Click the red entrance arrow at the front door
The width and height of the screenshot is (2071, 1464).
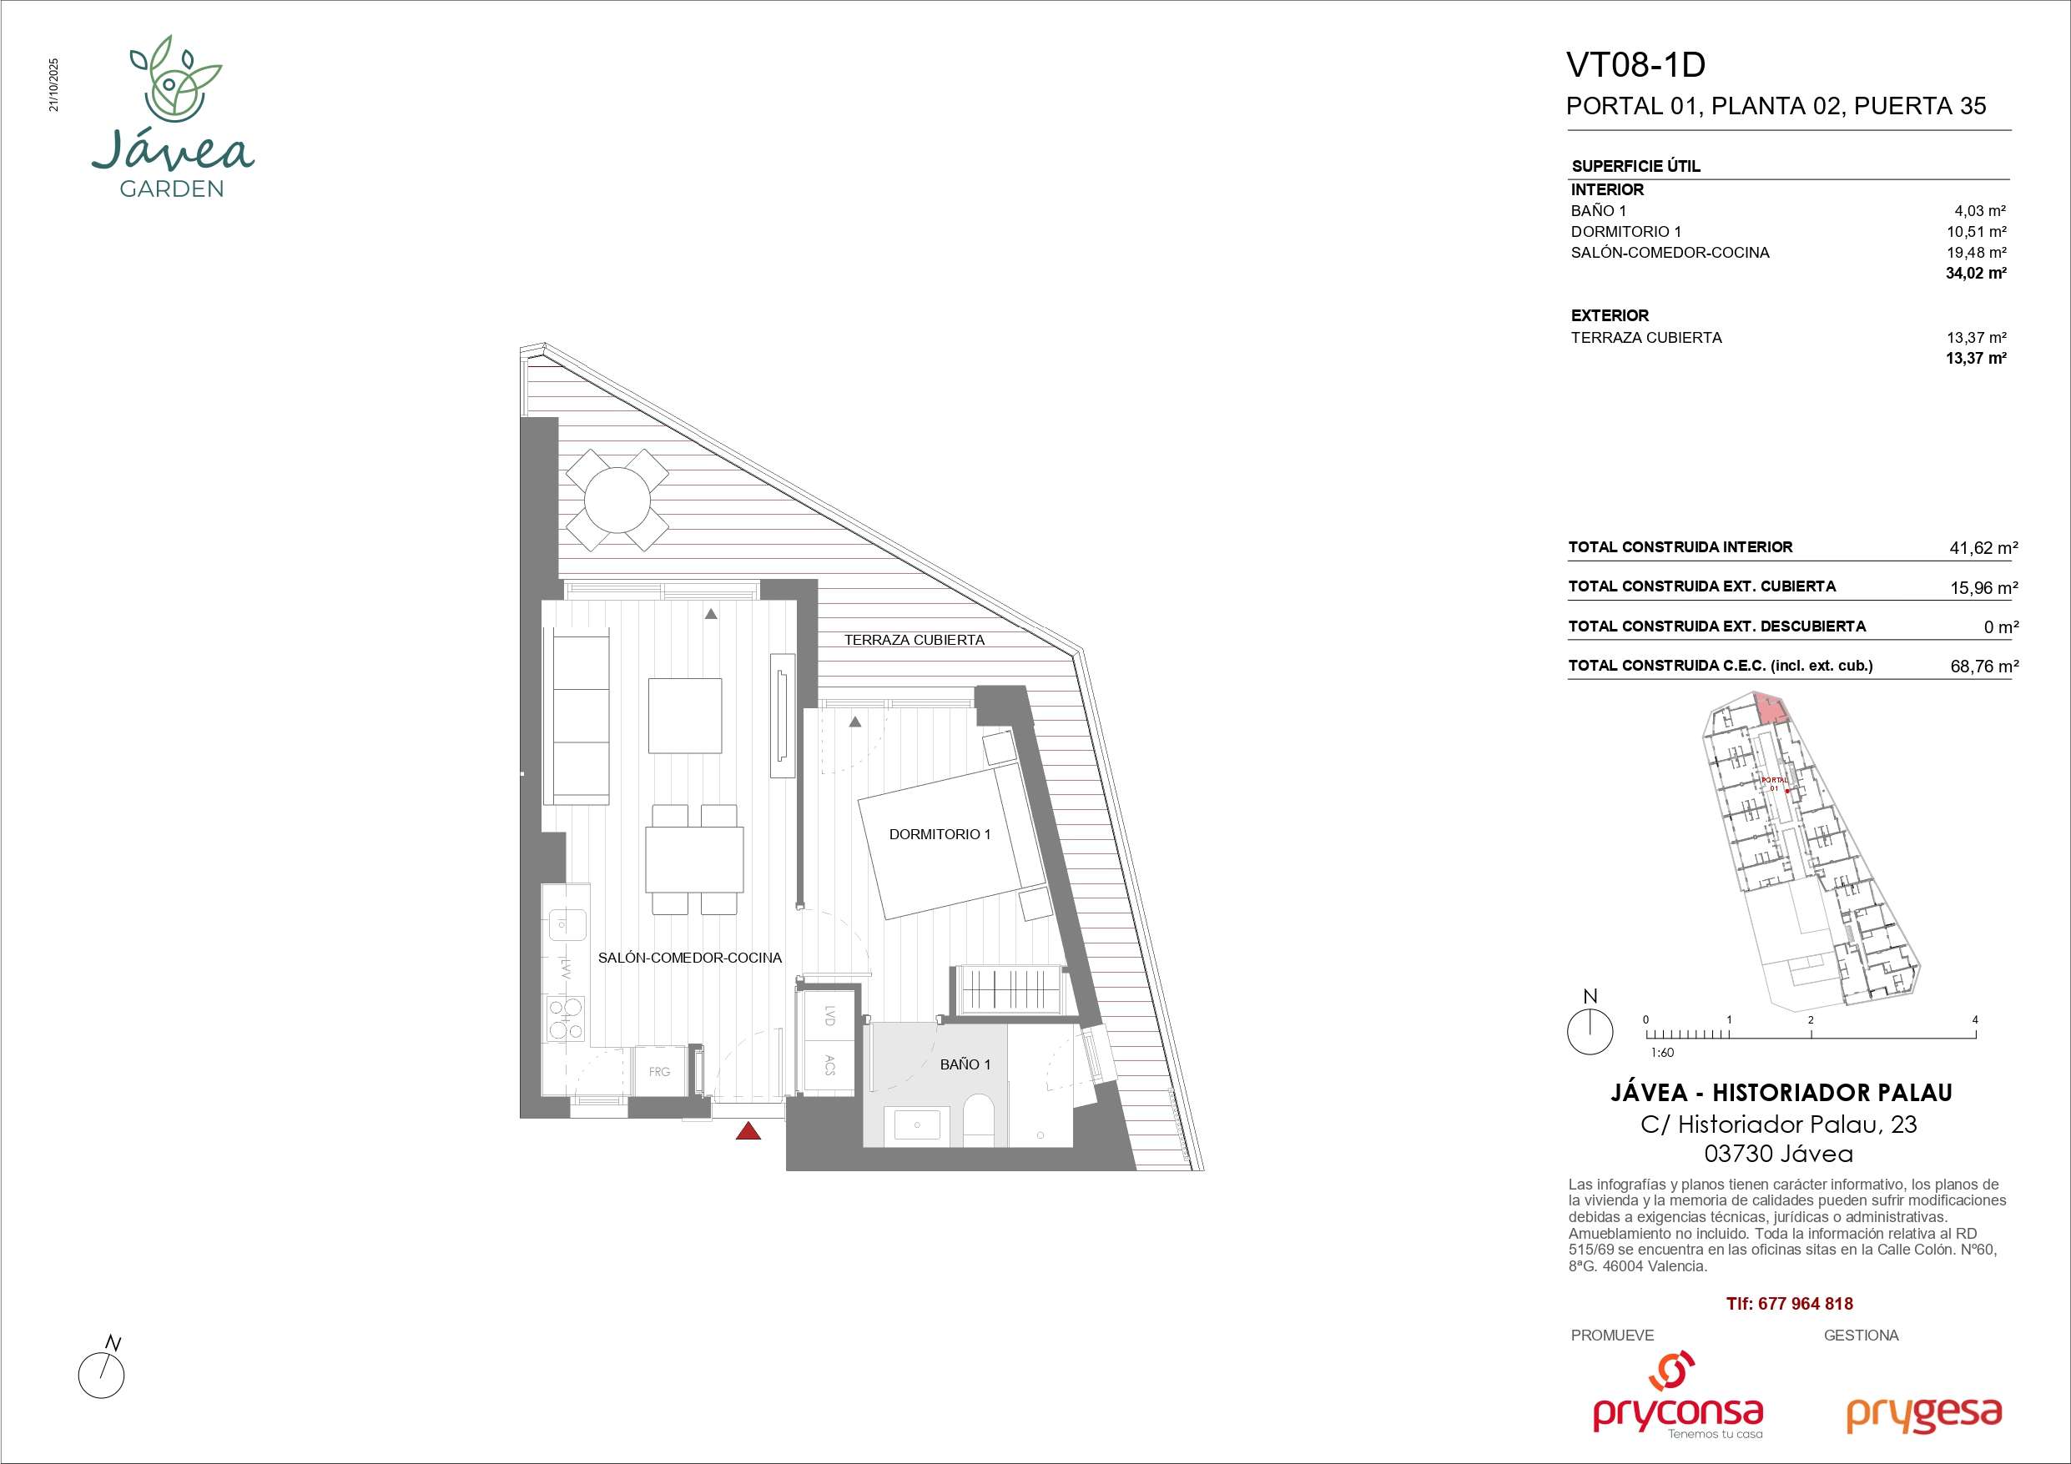(x=748, y=1130)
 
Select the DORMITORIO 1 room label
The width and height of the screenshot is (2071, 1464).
(x=940, y=834)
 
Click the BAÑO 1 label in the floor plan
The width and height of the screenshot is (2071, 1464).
(x=965, y=1064)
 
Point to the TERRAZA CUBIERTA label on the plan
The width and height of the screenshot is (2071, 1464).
(x=914, y=641)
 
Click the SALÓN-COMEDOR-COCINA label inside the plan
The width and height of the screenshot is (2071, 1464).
(x=690, y=958)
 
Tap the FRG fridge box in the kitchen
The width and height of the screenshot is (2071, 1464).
(x=659, y=1072)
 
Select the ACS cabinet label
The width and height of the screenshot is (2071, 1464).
(x=829, y=1065)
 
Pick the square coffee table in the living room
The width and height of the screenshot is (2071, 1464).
(x=684, y=715)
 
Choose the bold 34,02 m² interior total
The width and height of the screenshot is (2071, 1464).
(x=1975, y=274)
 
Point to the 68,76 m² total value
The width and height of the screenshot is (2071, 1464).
(x=1984, y=667)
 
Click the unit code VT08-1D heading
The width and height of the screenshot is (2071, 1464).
(x=1636, y=65)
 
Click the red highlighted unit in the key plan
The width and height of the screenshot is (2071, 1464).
(x=1770, y=709)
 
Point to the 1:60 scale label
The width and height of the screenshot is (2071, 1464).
(x=1662, y=1053)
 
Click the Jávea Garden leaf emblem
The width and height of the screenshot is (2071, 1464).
(x=174, y=81)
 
